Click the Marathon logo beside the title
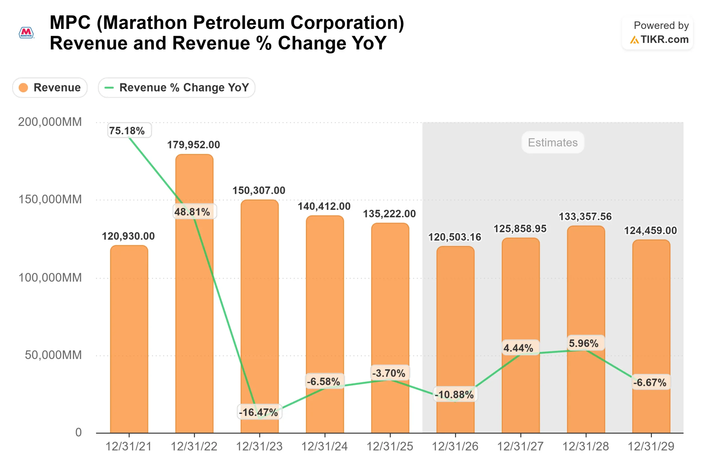(x=26, y=33)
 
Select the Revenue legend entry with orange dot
(x=50, y=88)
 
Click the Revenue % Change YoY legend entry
(x=177, y=88)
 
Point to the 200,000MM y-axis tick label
(x=50, y=122)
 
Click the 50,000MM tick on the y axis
(x=53, y=355)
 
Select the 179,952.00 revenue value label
(x=194, y=145)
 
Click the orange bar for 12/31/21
(x=129, y=339)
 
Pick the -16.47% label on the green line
(x=259, y=412)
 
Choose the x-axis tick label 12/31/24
(x=325, y=446)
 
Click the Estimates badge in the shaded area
(x=553, y=142)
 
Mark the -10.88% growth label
(x=455, y=395)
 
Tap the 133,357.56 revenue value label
(x=585, y=216)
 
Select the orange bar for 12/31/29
(x=651, y=336)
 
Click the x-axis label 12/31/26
(x=455, y=446)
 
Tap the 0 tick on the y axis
(x=78, y=432)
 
